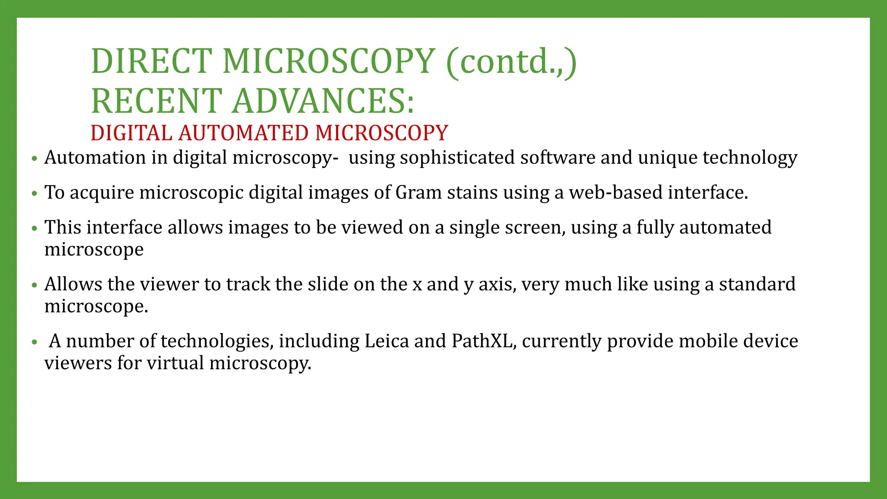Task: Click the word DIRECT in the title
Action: tap(152, 61)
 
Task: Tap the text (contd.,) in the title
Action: tap(511, 61)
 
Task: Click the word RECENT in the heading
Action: tap(157, 101)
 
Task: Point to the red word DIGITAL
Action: tap(132, 133)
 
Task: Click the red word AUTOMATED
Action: tap(243, 133)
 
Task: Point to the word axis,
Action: tap(497, 285)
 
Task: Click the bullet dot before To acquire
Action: tap(35, 194)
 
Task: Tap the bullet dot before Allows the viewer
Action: tap(35, 285)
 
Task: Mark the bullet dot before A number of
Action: tap(35, 342)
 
